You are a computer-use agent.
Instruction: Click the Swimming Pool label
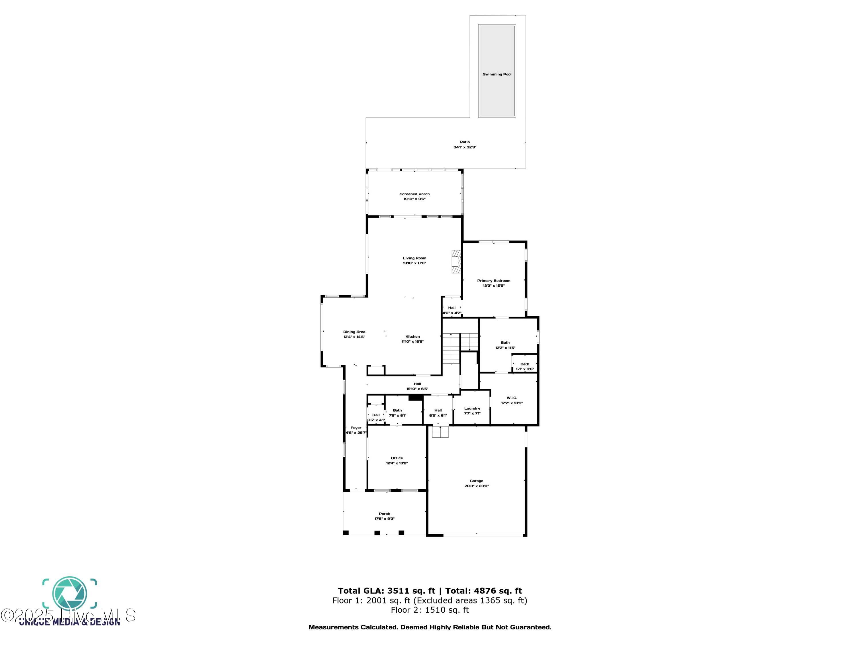[x=497, y=74]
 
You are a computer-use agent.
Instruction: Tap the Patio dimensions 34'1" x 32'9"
[x=465, y=147]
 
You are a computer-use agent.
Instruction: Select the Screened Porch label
[x=415, y=194]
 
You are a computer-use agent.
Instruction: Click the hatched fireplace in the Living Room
[x=456, y=261]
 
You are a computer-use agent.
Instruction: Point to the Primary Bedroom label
[x=493, y=281]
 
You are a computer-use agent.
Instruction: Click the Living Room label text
[x=415, y=258]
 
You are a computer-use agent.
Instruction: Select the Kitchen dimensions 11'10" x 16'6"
[x=413, y=342]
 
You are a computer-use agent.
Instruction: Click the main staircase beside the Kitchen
[x=451, y=348]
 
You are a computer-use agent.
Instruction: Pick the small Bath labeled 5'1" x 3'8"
[x=525, y=366]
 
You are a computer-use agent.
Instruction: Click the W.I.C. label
[x=512, y=398]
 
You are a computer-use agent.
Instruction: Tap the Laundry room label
[x=472, y=408]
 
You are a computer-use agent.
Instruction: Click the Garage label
[x=476, y=481]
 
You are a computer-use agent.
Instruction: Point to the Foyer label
[x=356, y=428]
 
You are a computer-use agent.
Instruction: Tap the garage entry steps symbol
[x=440, y=431]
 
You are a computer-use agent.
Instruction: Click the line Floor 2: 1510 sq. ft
[x=430, y=610]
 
